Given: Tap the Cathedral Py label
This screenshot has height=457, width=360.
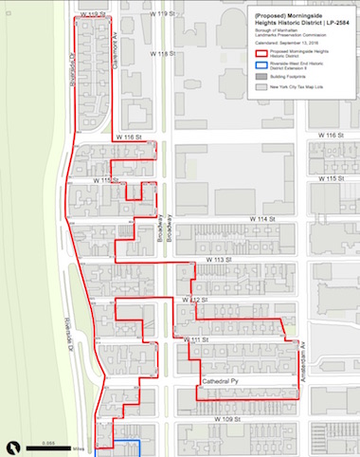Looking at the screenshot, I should pyautogui.click(x=220, y=381).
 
